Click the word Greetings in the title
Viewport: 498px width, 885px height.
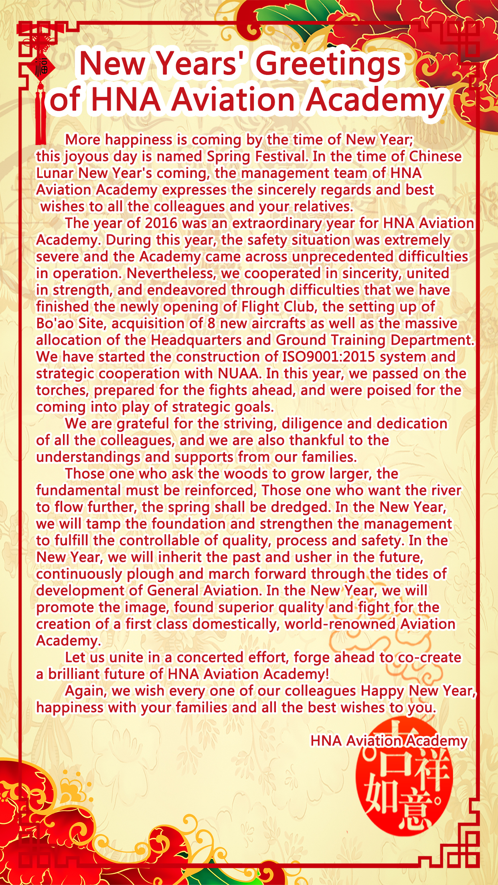tap(328, 64)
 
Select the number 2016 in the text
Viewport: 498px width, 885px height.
tap(161, 223)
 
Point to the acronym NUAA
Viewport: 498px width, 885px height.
tap(239, 374)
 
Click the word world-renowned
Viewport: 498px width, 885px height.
tap(340, 624)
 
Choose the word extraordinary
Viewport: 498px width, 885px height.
tap(277, 223)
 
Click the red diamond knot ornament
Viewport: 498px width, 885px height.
tap(41, 66)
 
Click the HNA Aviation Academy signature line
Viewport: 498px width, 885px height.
tap(389, 741)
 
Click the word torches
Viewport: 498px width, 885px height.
tap(62, 390)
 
